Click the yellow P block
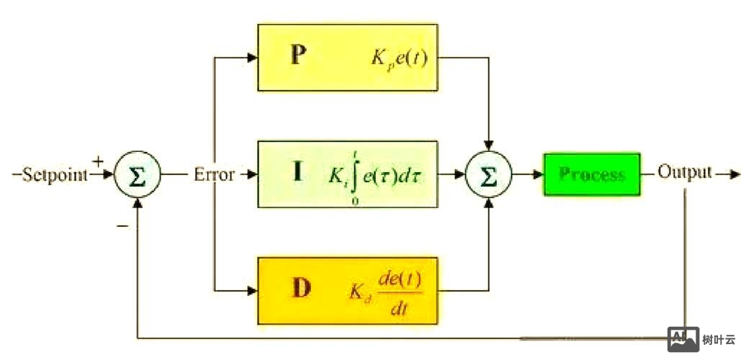point(347,57)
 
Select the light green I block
point(347,174)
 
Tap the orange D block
point(347,290)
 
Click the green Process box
point(591,174)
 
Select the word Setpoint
point(55,174)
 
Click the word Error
point(214,174)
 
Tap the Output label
point(684,173)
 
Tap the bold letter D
point(301,289)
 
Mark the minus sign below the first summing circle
point(122,225)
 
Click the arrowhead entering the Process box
point(537,174)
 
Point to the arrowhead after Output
point(734,174)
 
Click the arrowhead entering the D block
point(252,290)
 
